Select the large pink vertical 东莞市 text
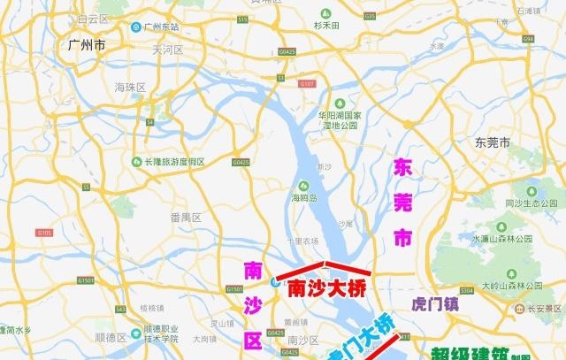(403, 201)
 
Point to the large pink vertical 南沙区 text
(253, 305)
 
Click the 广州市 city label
(87, 45)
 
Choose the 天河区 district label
(167, 50)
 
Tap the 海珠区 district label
(130, 87)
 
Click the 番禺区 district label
(186, 217)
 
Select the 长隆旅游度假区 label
(173, 162)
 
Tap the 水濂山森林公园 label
(501, 239)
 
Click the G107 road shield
(307, 84)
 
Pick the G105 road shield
(44, 233)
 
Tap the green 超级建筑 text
(470, 352)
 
